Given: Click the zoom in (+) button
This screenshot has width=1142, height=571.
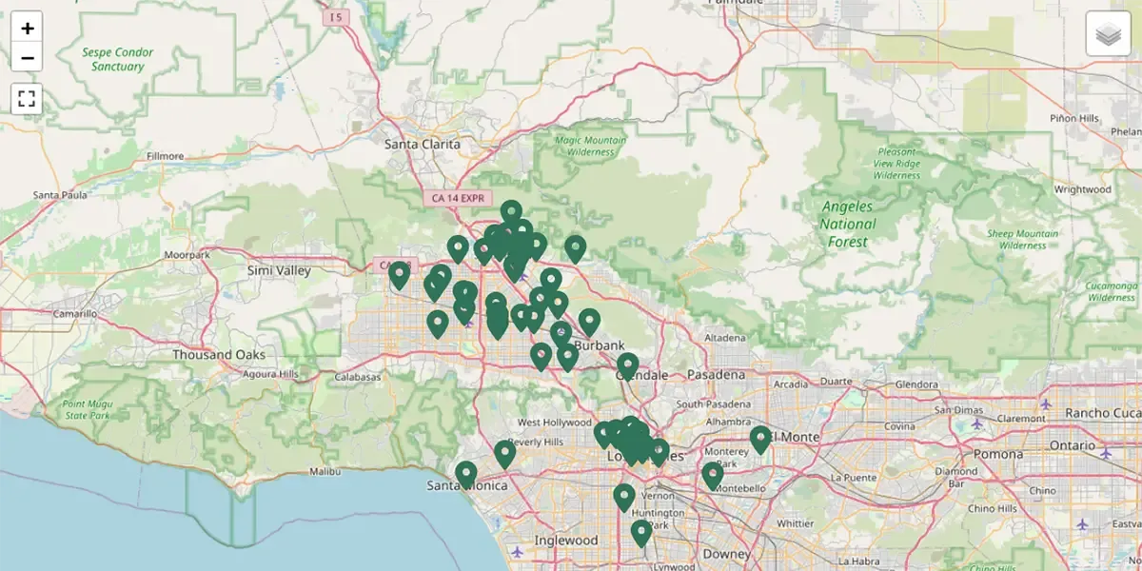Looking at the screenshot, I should point(27,29).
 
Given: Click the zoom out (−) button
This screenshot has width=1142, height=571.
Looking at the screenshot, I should point(27,57).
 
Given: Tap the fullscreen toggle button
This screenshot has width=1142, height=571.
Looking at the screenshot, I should point(27,98).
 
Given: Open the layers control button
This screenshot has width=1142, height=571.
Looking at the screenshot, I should point(1108,35).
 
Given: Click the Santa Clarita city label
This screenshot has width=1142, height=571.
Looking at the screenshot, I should point(422,145).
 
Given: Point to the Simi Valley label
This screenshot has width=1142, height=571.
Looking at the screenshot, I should point(279,271).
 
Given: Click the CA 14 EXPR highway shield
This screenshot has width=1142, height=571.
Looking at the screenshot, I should point(458,198).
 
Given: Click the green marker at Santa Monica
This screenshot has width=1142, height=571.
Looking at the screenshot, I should point(465,473).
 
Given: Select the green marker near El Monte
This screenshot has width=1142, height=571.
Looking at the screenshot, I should point(759,439).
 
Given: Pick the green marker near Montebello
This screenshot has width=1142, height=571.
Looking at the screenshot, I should point(713,474).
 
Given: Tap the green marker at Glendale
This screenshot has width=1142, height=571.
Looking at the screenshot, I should point(627,364).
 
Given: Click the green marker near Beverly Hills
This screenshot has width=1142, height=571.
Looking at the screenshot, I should point(504,453).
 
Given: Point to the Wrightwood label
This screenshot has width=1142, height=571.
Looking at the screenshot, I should point(1082,189).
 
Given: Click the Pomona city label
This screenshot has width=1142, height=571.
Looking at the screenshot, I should point(997,454).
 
